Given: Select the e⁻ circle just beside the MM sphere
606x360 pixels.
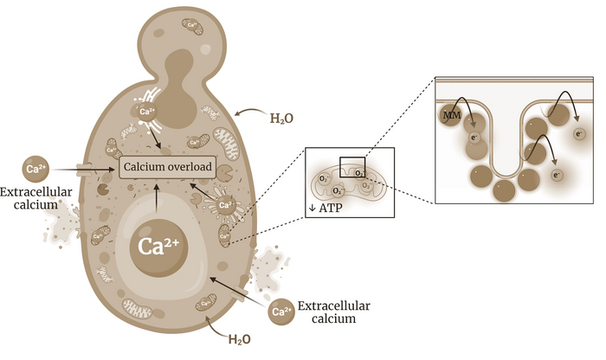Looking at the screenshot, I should pyautogui.click(x=474, y=137).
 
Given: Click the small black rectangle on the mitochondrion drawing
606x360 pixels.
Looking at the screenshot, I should pyautogui.click(x=351, y=164).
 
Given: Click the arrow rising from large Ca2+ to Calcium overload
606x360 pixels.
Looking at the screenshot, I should pyautogui.click(x=155, y=199).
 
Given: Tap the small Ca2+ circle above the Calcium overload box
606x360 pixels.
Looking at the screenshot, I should pyautogui.click(x=146, y=113).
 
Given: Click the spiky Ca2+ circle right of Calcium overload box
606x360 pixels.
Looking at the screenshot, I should pyautogui.click(x=225, y=205).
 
